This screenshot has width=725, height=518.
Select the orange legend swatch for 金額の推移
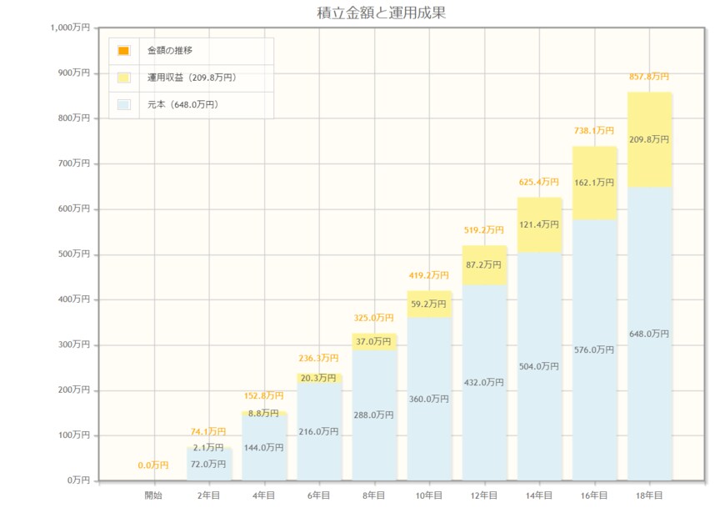point(123,51)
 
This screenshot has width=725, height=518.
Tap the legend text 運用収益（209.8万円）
point(192,78)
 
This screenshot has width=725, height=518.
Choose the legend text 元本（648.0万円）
point(182,105)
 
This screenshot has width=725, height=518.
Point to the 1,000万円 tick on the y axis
point(70,28)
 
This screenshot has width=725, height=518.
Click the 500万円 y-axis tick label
point(74,254)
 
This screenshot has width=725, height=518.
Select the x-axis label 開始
point(153,495)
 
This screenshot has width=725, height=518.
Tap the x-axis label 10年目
point(429,495)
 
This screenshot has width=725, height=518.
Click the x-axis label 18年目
point(649,495)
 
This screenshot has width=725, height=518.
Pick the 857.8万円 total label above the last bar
point(649,76)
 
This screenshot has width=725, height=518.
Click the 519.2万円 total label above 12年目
point(484,230)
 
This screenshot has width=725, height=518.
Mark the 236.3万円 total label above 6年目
point(319,359)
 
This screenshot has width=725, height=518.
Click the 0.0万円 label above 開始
point(153,465)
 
